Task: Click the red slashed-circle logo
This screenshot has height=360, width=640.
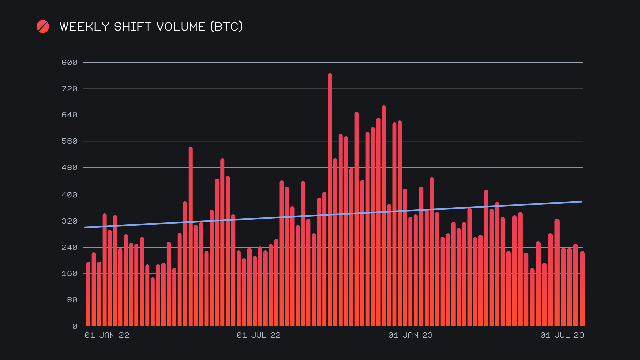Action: [x=43, y=27]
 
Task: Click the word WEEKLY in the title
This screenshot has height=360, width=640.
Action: [x=84, y=27]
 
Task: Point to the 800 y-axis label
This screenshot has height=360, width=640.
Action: [x=69, y=63]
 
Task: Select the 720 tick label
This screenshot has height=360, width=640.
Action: [x=69, y=89]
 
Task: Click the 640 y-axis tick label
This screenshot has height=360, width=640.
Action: [x=69, y=115]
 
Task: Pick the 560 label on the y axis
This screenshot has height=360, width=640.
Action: [x=69, y=141]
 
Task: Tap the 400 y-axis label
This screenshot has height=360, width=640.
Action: [x=69, y=195]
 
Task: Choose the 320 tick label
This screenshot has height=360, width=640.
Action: [x=69, y=221]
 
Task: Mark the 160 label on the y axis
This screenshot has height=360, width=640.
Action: [x=69, y=274]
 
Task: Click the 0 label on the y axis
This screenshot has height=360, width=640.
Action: [x=75, y=327]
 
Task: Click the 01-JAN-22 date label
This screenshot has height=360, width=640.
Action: [x=107, y=335]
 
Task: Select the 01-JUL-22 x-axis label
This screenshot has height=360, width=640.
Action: [x=259, y=335]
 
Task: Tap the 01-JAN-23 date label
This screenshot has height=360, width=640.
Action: [x=410, y=335]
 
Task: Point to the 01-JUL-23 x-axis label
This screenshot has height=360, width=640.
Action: [x=562, y=335]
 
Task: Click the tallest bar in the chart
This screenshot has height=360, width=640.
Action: [x=330, y=200]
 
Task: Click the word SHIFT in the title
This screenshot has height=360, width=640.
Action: [x=132, y=27]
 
